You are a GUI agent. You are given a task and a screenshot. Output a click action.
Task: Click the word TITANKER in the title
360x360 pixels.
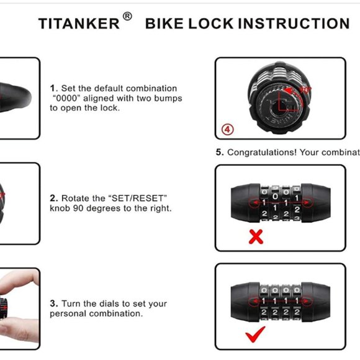pos(79,24)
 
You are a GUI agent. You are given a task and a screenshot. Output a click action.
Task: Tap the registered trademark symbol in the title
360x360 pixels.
pos(127,17)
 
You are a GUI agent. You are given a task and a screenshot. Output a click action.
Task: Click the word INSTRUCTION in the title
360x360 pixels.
pos(294,24)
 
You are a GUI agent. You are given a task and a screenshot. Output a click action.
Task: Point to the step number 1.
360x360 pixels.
pos(53,89)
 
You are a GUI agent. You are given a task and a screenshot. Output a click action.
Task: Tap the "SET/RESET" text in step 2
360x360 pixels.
pos(138,198)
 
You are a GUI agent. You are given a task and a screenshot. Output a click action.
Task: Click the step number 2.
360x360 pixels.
pos(53,198)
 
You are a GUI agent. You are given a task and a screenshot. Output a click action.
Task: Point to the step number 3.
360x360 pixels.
pos(53,304)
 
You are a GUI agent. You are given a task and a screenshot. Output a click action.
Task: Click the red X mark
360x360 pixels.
pos(255,236)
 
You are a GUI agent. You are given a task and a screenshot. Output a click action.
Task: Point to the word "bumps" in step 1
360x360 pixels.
pos(169,98)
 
